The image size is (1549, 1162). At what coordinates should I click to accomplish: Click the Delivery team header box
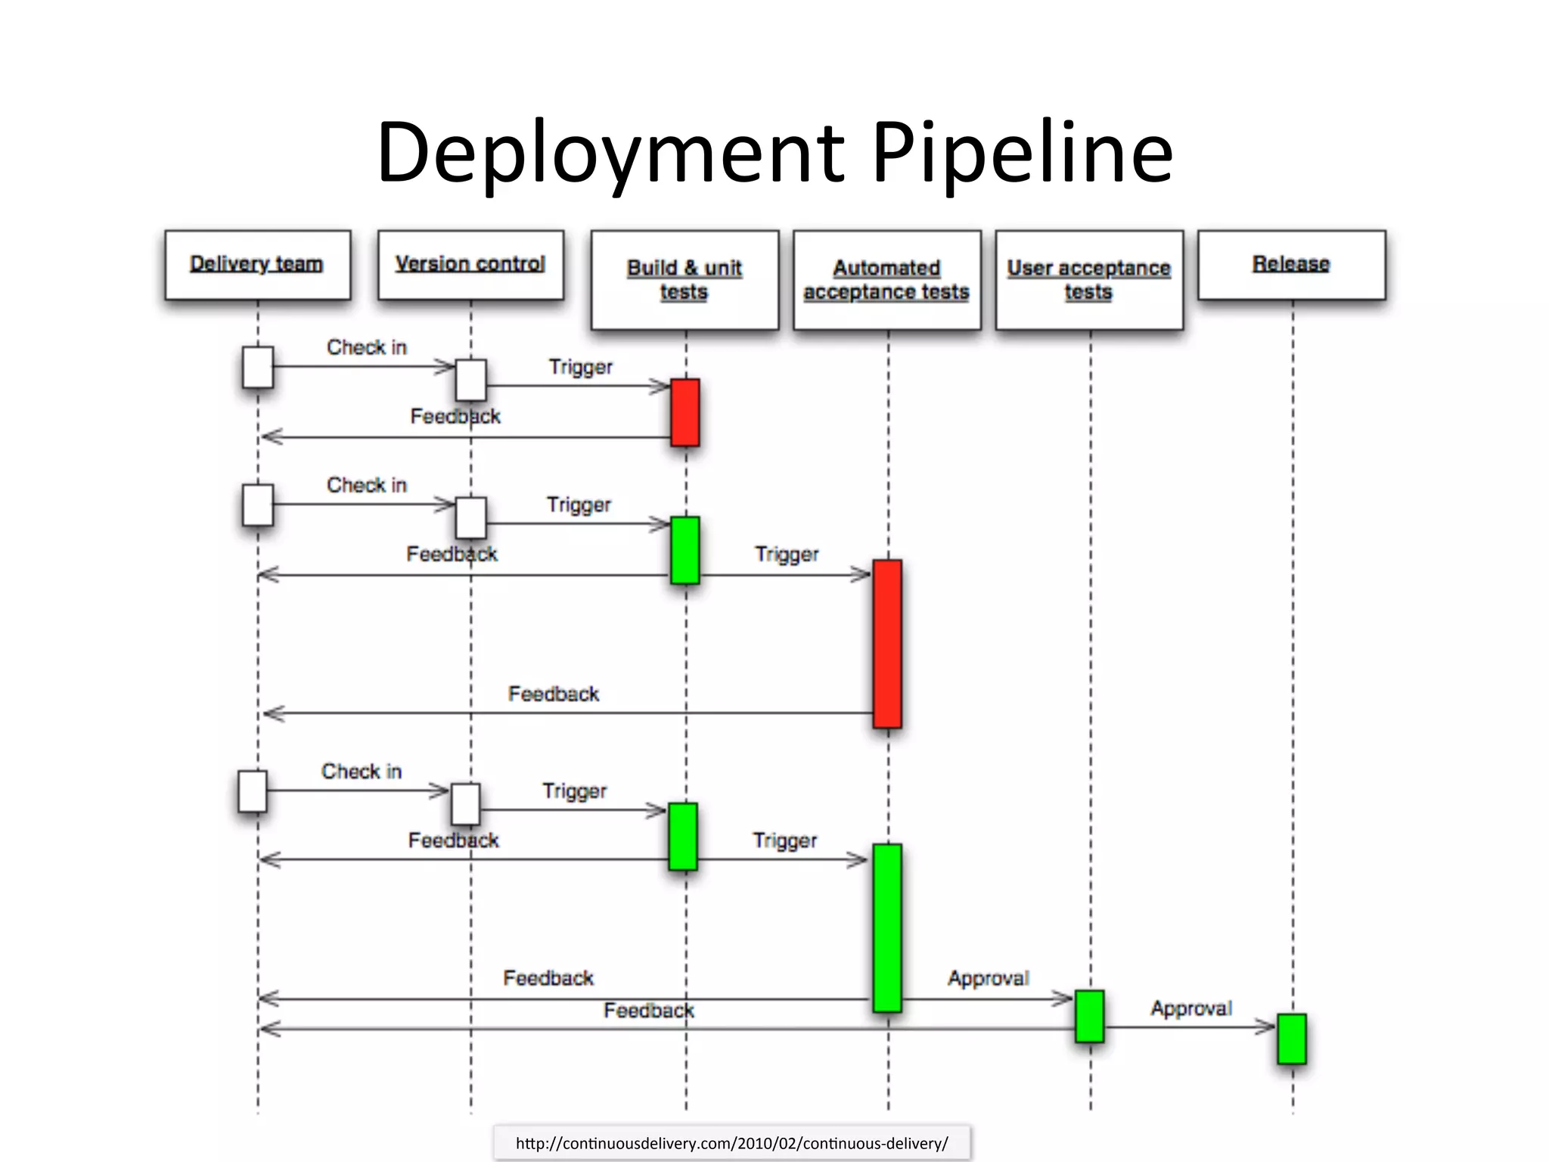[257, 265]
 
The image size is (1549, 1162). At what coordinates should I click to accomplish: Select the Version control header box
[470, 265]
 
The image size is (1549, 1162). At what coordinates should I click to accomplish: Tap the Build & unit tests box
[684, 280]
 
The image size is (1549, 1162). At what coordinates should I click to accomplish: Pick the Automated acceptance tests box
[886, 280]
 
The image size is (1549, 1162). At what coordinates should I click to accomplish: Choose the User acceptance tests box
[1089, 280]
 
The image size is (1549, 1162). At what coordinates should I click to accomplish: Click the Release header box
[1291, 265]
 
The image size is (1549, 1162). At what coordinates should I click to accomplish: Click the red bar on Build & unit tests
[685, 412]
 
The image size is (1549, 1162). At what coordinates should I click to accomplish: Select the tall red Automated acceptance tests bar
[887, 644]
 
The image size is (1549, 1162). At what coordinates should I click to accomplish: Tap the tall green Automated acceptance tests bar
[887, 927]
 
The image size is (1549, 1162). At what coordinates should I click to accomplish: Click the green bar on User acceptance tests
[1089, 1016]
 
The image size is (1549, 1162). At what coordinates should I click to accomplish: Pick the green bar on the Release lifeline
[1292, 1039]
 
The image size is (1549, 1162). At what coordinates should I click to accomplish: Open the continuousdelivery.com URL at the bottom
[731, 1143]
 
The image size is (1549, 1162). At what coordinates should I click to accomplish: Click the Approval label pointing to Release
[1191, 1008]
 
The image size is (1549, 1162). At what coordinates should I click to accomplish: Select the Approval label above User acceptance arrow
[989, 978]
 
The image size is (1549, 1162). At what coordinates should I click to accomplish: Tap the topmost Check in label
[367, 347]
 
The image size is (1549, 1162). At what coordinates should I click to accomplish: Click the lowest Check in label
[362, 772]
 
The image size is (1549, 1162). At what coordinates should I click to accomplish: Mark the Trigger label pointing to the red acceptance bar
[787, 555]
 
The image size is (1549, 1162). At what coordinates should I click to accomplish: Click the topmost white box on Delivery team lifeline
[258, 367]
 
